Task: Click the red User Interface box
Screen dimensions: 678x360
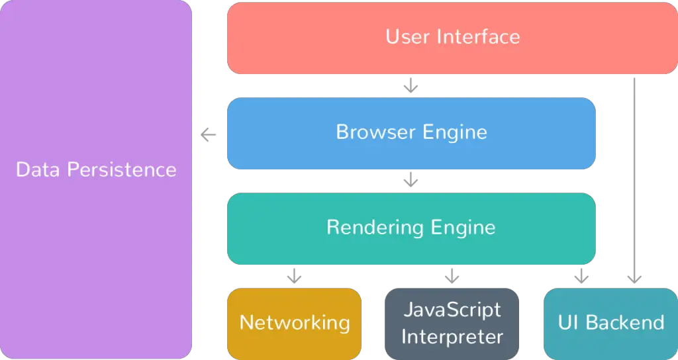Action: [452, 38]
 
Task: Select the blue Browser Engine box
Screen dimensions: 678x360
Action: [411, 133]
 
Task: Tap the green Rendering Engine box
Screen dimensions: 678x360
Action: [411, 228]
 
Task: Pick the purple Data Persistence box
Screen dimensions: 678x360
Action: [95, 179]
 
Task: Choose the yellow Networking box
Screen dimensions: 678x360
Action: [294, 324]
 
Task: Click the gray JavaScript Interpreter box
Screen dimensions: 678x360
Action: [452, 324]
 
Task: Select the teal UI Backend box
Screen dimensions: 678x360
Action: [610, 324]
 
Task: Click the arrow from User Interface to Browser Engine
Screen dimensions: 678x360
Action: [411, 85]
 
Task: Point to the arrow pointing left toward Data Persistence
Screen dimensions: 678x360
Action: [209, 135]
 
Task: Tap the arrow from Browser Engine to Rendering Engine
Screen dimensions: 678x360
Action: [411, 180]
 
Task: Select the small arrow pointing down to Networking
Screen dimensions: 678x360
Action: [294, 276]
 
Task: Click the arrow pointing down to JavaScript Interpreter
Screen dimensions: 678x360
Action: [452, 276]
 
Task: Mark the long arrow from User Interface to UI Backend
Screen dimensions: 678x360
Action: [634, 181]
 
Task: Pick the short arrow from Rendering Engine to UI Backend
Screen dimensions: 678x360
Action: [581, 276]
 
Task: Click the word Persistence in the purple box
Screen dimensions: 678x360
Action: [122, 169]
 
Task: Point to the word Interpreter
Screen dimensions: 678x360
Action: [452, 337]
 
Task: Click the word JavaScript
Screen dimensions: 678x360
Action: [452, 310]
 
